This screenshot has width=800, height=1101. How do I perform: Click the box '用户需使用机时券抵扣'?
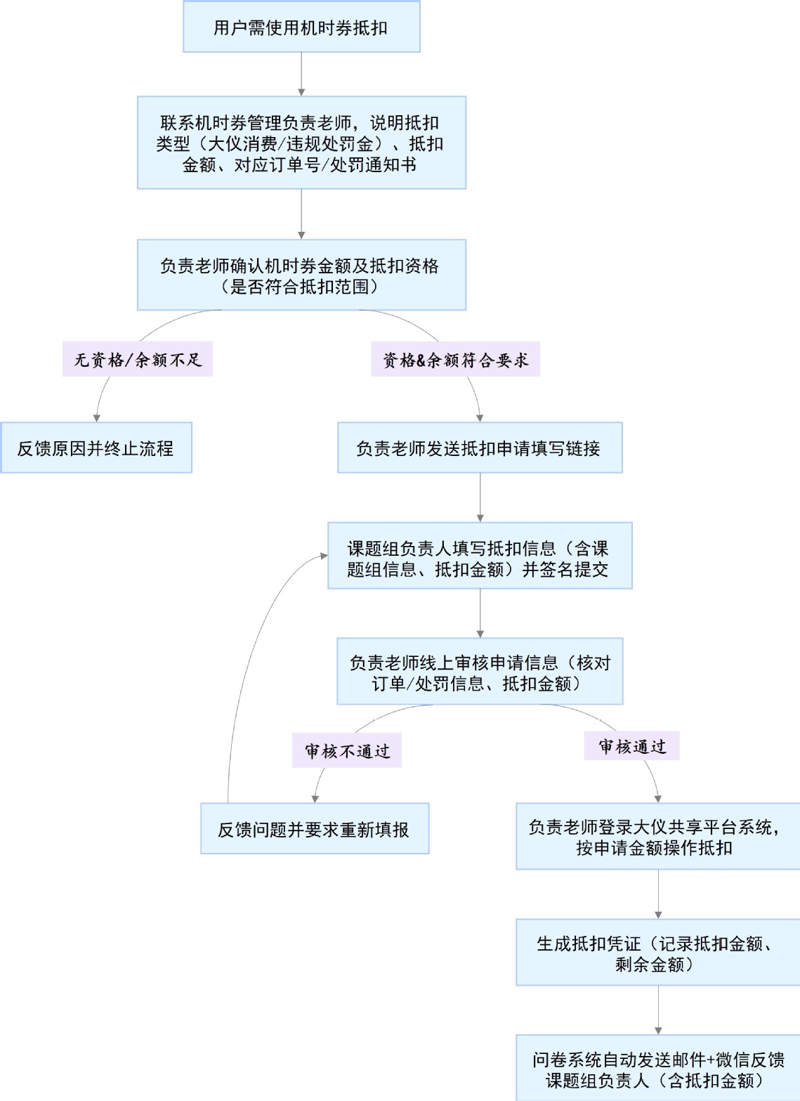pyautogui.click(x=301, y=27)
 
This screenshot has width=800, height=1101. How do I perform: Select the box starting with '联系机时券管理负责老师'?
pyautogui.click(x=301, y=143)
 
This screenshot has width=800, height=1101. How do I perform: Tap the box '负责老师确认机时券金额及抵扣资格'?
pyautogui.click(x=301, y=275)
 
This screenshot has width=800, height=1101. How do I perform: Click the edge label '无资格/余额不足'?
pyautogui.click(x=138, y=360)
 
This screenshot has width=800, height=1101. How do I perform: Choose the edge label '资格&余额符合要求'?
pyautogui.click(x=455, y=360)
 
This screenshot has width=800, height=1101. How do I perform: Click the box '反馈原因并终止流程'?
pyautogui.click(x=96, y=448)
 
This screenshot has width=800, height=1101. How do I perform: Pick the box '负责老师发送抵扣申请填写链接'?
pyautogui.click(x=480, y=448)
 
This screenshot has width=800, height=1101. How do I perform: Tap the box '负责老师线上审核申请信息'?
pyautogui.click(x=480, y=672)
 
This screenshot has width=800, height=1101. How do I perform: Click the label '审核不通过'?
pyautogui.click(x=347, y=751)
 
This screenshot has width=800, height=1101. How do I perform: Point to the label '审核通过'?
pyautogui.click(x=631, y=746)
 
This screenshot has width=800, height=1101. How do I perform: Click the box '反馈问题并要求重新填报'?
pyautogui.click(x=315, y=829)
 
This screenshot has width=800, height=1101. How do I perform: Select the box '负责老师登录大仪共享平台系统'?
pyautogui.click(x=657, y=837)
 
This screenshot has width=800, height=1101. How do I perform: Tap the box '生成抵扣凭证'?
pyautogui.click(x=657, y=953)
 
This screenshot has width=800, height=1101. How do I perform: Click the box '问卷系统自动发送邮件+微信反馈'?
pyautogui.click(x=657, y=1069)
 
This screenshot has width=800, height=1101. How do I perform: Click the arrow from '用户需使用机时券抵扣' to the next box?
pyautogui.click(x=301, y=74)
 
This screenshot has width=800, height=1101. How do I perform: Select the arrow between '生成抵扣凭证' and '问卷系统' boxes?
pyautogui.click(x=658, y=1010)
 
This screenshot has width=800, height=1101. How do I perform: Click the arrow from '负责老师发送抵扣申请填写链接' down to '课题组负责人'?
pyautogui.click(x=480, y=497)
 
